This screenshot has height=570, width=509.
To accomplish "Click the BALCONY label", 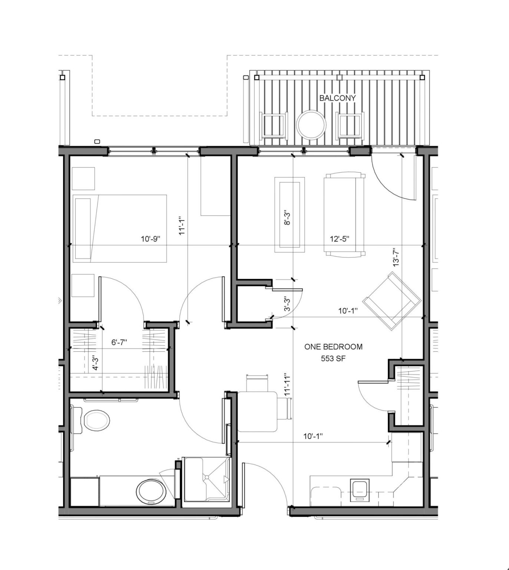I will tap(337, 98).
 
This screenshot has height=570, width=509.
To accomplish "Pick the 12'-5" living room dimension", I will tap(339, 239).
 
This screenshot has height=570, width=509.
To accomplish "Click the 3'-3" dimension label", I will tap(286, 304).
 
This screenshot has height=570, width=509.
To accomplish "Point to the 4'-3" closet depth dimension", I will tap(95, 364).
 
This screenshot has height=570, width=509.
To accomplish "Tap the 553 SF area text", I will tap(333, 359).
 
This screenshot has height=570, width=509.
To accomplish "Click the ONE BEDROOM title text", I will tap(333, 347).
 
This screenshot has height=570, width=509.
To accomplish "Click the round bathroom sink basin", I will tap(151, 491).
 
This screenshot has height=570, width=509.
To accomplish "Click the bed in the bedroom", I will tap(119, 228).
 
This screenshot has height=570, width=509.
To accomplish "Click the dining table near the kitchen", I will tap(258, 412).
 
